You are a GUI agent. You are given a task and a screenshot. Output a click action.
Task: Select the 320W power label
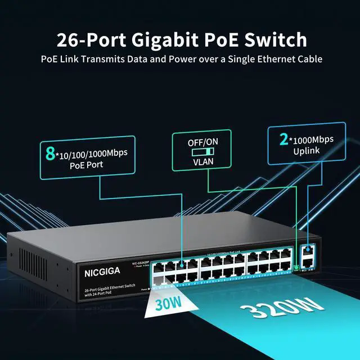pos(282,309)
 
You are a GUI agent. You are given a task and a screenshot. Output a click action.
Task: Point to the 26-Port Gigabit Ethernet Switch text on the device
pos(107,289)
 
